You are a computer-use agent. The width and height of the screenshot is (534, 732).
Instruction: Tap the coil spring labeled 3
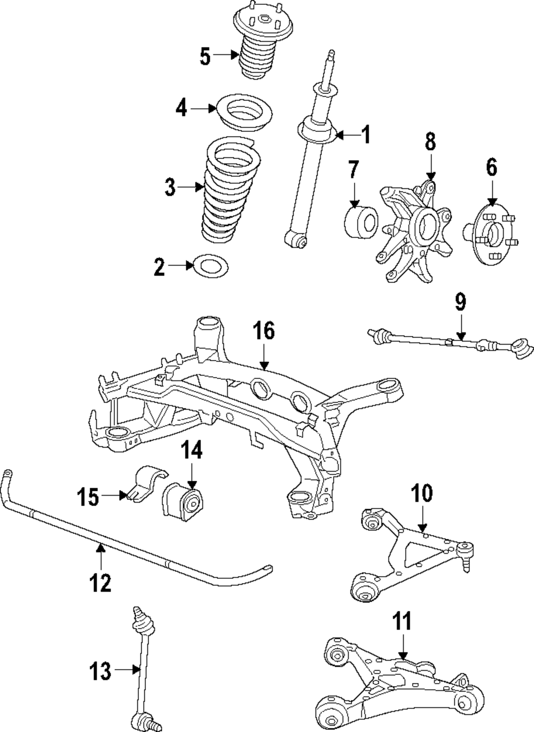(230, 192)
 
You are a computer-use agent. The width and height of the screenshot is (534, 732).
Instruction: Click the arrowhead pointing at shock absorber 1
(339, 136)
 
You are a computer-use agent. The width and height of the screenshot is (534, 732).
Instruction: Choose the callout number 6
(491, 168)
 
